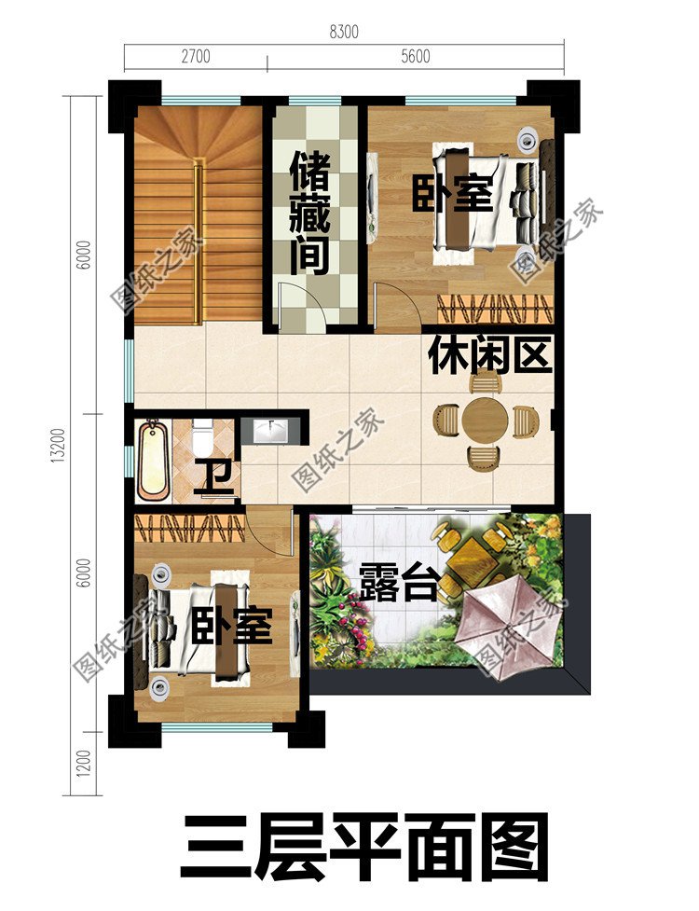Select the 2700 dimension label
tap(196, 56)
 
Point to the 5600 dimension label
tap(415, 56)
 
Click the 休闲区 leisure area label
tap(491, 355)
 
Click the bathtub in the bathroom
tap(152, 459)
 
